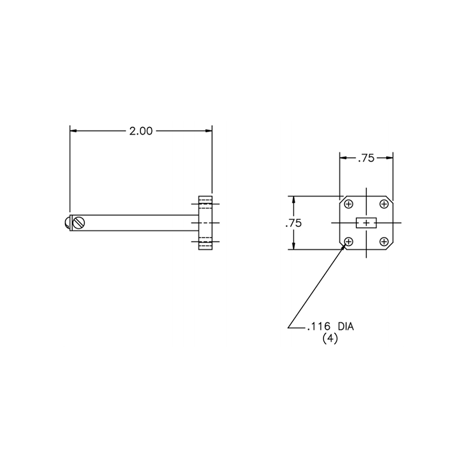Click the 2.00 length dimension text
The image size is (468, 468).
pos(141,131)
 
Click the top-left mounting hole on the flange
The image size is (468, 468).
pos(349,204)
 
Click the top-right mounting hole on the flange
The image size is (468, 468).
pos(384,204)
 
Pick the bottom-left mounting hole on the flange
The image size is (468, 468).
pos(349,241)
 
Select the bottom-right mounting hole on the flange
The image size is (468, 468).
pos(384,241)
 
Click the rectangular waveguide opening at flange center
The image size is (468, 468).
pos(367,223)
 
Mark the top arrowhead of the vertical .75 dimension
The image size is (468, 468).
pos(294,199)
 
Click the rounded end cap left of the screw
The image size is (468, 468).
pos(67,222)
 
